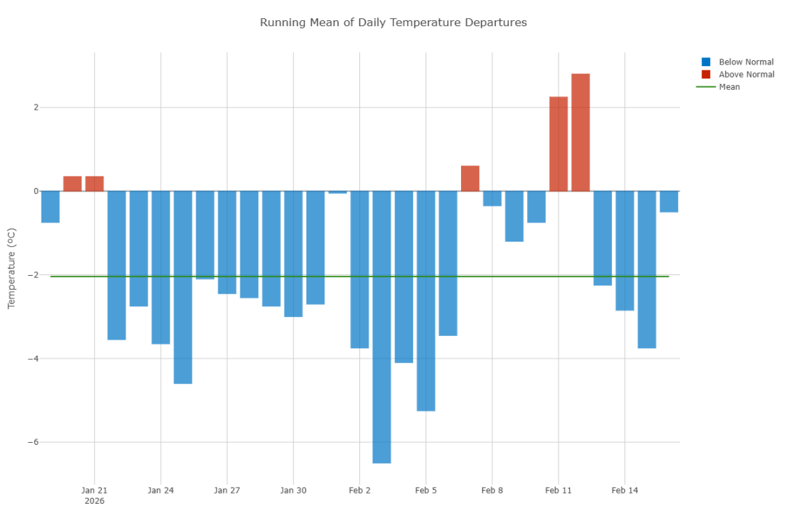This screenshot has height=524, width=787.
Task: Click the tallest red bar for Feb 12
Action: (x=580, y=132)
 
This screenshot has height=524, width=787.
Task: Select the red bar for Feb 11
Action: (x=558, y=144)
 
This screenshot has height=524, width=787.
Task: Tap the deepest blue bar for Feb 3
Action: (x=382, y=327)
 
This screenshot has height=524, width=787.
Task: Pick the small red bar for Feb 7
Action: (x=470, y=179)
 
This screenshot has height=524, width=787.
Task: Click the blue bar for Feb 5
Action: (x=426, y=300)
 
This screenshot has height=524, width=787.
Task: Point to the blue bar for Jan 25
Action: (x=183, y=287)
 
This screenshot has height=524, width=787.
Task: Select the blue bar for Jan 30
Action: (x=293, y=254)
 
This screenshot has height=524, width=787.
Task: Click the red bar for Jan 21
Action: (x=94, y=184)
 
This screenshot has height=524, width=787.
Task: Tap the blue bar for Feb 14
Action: (x=624, y=250)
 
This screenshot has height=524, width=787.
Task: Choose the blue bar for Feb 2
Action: (x=359, y=269)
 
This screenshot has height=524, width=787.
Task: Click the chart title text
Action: (x=393, y=22)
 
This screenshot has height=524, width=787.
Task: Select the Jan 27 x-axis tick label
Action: (x=227, y=491)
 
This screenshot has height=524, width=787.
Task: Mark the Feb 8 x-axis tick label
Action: (x=492, y=491)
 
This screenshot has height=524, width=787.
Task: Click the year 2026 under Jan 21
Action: (x=94, y=501)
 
